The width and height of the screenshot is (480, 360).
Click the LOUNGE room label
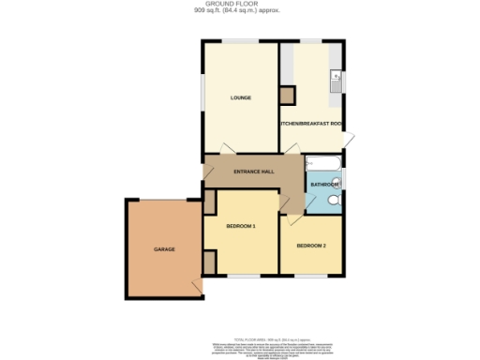click(239, 97)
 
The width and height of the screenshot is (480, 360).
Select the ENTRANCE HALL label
click(253, 172)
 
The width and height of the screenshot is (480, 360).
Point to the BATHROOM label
click(324, 186)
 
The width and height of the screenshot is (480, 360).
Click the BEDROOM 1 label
click(241, 226)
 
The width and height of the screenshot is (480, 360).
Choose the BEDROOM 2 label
click(311, 246)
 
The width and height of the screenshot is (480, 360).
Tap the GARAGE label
click(165, 248)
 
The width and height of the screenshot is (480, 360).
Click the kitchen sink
click(336, 83)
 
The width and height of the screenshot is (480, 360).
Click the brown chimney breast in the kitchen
click(287, 94)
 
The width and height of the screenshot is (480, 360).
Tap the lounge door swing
click(225, 148)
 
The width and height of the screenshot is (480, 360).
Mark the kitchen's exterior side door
click(346, 140)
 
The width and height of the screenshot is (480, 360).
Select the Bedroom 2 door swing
click(294, 220)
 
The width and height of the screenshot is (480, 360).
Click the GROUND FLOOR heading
click(239, 6)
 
